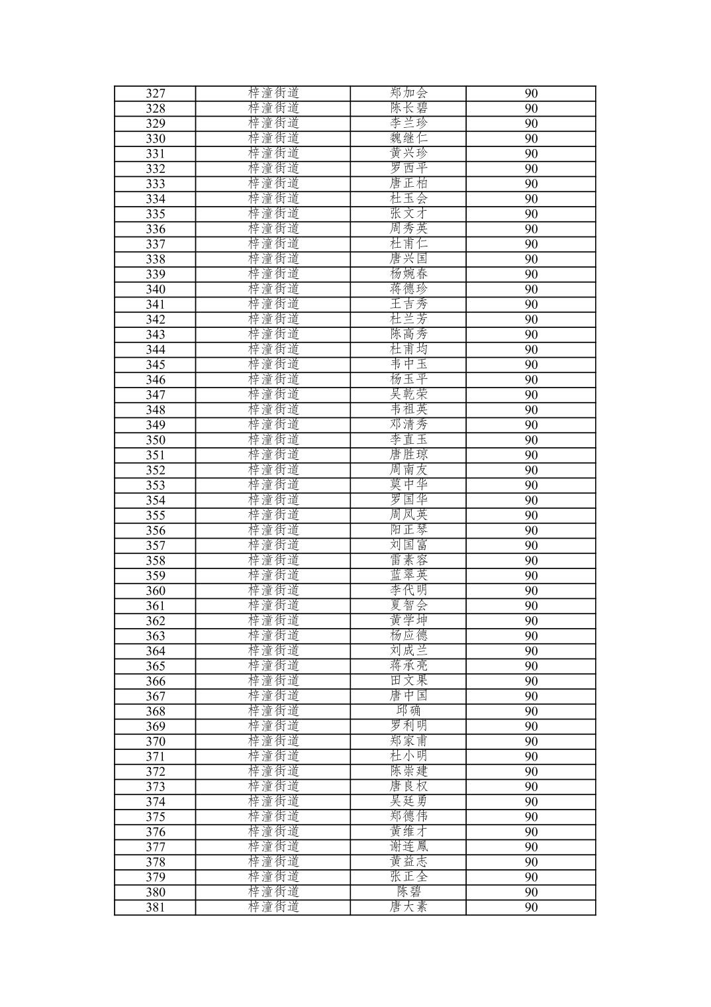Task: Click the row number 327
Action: [155, 93]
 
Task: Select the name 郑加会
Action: [408, 93]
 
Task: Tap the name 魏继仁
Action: [408, 138]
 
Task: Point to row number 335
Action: [155, 214]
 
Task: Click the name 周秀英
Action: [408, 229]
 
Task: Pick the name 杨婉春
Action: [408, 274]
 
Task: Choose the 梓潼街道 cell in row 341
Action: [273, 304]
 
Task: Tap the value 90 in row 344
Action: [531, 350]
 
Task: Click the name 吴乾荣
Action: [408, 395]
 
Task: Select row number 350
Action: [155, 440]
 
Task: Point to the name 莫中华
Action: [408, 485]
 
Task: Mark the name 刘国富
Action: [408, 545]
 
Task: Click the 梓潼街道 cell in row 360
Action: [273, 591]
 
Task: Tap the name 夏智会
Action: [408, 606]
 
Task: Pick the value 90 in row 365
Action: [531, 666]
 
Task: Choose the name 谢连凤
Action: [408, 847]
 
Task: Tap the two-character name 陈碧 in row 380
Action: [408, 892]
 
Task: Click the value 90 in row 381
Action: [531, 907]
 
